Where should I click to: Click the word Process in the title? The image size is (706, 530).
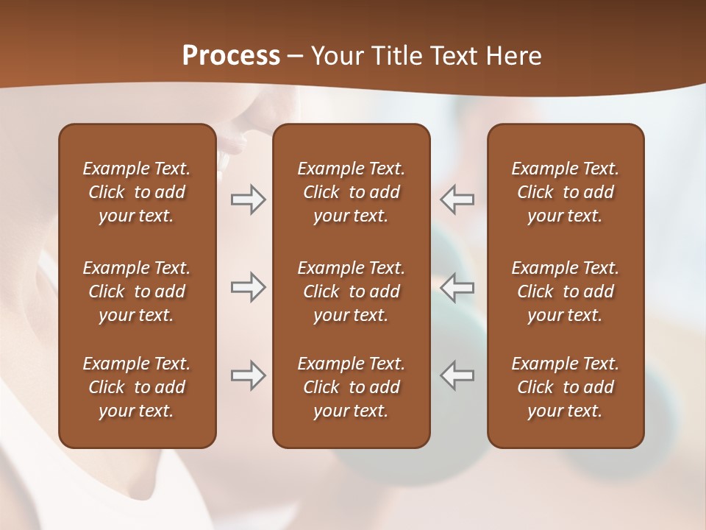231,56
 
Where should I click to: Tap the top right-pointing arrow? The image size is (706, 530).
248,199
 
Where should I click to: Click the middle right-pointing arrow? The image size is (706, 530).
248,287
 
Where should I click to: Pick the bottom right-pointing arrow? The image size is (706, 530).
248,375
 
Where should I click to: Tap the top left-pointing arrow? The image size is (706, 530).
457,199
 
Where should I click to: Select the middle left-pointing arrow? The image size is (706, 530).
457,287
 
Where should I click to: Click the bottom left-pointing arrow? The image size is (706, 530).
457,375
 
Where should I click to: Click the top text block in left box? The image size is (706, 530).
137,192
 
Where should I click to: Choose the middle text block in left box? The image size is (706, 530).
137,291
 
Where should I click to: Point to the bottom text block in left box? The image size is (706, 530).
137,387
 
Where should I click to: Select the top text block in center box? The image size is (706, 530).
351,192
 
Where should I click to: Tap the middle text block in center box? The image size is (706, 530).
351,291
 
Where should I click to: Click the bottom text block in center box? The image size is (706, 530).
351,387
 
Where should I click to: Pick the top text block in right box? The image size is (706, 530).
565,192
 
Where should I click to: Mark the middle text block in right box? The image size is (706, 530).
565,291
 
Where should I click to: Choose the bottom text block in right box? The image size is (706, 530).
565,387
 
